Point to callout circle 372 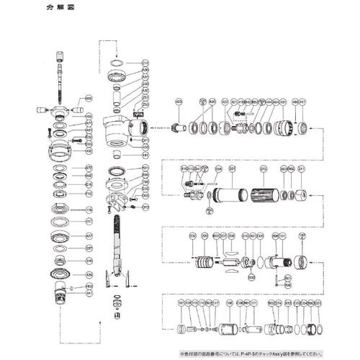tap(263, 170)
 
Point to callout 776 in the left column tap(89, 210)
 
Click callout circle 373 tap(145, 207)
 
